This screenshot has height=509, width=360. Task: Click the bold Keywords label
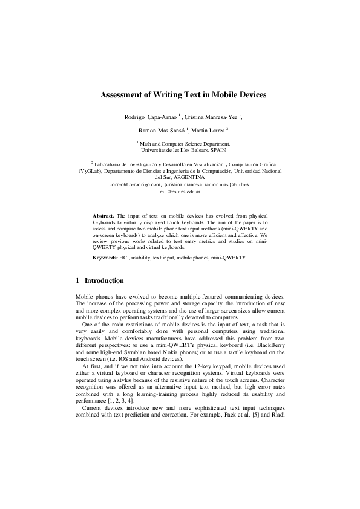point(105,258)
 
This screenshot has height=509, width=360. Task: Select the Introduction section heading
point(104,281)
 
